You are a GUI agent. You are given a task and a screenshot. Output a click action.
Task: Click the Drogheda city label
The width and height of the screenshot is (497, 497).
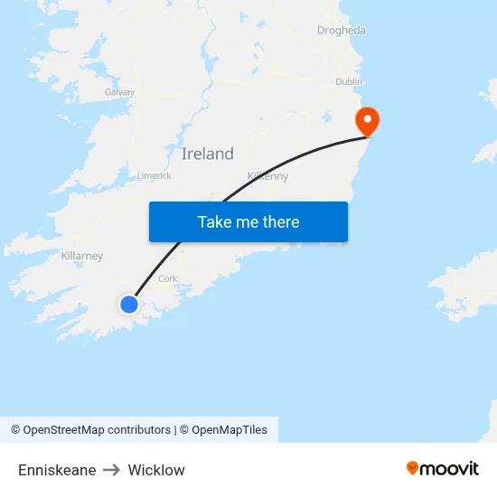341,31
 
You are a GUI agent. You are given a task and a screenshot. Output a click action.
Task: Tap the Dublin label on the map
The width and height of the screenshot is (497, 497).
349,81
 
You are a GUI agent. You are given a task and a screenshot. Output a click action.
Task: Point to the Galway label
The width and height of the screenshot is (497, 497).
119,92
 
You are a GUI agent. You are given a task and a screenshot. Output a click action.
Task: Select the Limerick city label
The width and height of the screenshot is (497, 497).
154,175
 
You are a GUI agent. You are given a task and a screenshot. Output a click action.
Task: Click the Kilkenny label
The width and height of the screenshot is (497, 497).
267,176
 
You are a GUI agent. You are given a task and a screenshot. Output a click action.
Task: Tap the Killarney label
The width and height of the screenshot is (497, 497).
82,256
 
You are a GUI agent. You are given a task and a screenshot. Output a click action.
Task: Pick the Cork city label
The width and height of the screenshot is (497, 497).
168,278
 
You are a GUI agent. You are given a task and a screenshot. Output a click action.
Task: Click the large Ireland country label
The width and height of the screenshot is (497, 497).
207,154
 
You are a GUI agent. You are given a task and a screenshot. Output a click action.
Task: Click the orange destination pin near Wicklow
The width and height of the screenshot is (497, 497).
367,119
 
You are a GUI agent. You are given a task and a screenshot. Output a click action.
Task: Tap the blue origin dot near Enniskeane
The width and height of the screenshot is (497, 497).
129,305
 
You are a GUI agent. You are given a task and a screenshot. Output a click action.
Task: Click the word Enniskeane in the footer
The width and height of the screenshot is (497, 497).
57,470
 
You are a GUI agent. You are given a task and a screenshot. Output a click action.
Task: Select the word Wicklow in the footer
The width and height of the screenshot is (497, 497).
156,470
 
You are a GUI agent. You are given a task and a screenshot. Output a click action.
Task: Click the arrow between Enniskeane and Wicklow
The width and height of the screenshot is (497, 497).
112,470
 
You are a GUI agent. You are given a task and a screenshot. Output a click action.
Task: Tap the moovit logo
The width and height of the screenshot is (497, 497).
443,468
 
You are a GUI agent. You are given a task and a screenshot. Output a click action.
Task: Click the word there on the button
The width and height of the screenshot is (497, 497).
278,222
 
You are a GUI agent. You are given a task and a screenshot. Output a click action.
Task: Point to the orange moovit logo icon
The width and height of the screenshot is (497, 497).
413,468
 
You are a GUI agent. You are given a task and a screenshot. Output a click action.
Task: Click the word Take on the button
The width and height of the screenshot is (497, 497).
215,222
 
